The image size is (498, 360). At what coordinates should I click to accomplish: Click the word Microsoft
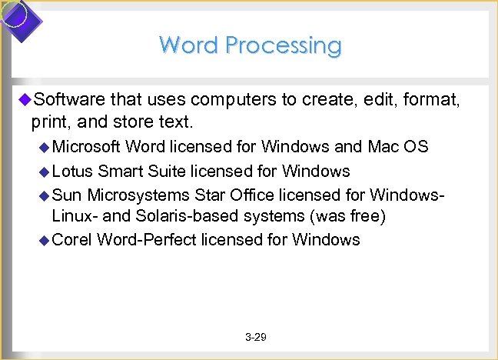point(87,147)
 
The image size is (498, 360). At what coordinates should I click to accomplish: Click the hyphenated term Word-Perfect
point(146,240)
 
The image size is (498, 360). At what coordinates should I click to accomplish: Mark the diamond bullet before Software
point(24,99)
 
